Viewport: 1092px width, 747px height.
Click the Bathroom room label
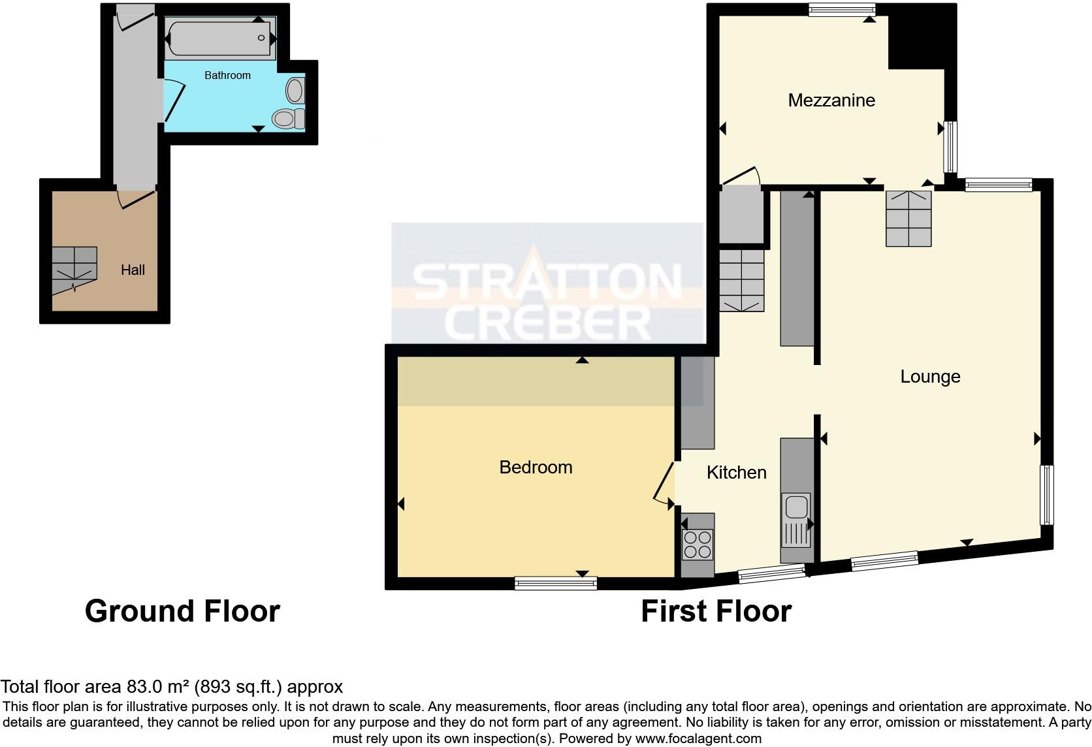[x=227, y=76]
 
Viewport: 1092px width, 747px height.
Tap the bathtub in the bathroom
[x=219, y=38]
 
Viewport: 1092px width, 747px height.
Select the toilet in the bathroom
[x=287, y=118]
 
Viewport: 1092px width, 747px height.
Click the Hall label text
[x=133, y=270]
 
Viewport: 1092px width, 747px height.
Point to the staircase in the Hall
[x=74, y=268]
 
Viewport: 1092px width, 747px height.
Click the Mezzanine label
[x=831, y=101]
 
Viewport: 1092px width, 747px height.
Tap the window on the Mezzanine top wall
[x=841, y=8]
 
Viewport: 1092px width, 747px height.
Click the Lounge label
[x=929, y=377]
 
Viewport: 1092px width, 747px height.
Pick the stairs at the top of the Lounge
[x=908, y=218]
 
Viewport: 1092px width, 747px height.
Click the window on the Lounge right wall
[x=1046, y=494]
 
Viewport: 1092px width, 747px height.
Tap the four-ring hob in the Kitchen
[x=697, y=544]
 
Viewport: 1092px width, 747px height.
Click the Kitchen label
[x=736, y=473]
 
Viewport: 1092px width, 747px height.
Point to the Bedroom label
[x=536, y=468]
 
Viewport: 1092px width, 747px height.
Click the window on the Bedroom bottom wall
[x=555, y=583]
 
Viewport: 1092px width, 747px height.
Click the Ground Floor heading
[x=182, y=611]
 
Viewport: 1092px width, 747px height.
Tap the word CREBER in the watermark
[x=547, y=323]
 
